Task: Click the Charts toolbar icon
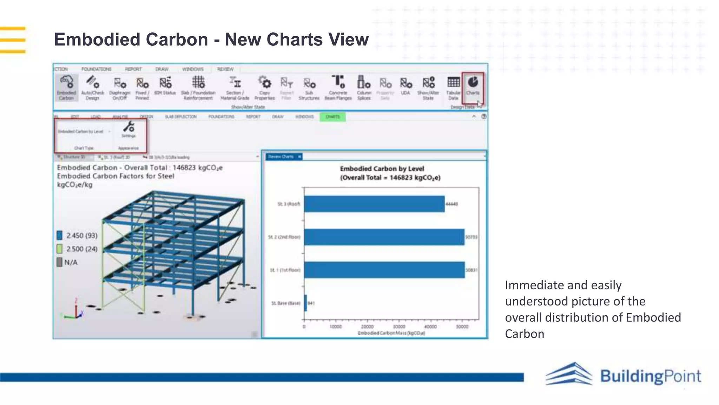(x=473, y=83)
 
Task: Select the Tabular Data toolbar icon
(x=453, y=83)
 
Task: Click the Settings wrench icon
(x=129, y=127)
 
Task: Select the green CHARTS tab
(x=332, y=117)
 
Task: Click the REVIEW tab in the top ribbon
(x=225, y=69)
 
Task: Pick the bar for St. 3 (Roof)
(x=374, y=204)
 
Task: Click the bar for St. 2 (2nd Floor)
(x=384, y=237)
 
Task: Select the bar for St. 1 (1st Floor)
(x=384, y=270)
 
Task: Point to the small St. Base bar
(x=306, y=303)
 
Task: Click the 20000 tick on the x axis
(x=367, y=327)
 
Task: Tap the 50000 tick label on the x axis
(x=462, y=327)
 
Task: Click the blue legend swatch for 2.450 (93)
(x=60, y=235)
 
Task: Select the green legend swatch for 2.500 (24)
(x=60, y=249)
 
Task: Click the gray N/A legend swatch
(x=60, y=262)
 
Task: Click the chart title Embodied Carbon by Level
(x=382, y=169)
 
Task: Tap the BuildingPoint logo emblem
(x=569, y=374)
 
